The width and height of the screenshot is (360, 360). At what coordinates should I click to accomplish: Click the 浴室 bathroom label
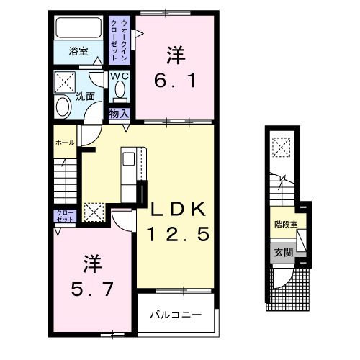coord(78,51)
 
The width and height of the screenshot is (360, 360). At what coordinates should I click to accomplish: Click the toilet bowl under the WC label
coord(120,89)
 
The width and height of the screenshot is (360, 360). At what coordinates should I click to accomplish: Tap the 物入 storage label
coord(120,113)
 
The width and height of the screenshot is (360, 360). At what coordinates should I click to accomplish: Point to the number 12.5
coord(179,234)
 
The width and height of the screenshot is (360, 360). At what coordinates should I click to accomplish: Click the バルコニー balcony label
coord(176,314)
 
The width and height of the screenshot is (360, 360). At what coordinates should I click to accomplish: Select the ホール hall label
coord(65,143)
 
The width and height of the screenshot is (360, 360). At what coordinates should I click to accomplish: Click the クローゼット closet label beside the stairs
coord(63,217)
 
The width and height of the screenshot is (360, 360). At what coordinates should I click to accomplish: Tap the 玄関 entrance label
coord(284,252)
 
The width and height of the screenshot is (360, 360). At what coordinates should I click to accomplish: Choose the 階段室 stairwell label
coord(285,224)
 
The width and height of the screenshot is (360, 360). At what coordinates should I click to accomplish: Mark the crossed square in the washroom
coord(67,79)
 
